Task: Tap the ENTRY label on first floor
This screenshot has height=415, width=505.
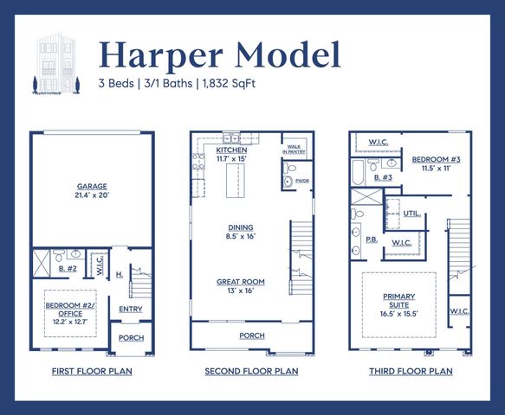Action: click(x=130, y=309)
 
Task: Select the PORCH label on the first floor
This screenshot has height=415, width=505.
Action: click(x=131, y=338)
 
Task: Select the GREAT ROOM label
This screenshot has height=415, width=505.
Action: click(x=241, y=286)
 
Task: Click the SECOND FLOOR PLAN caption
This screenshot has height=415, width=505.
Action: click(x=251, y=371)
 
